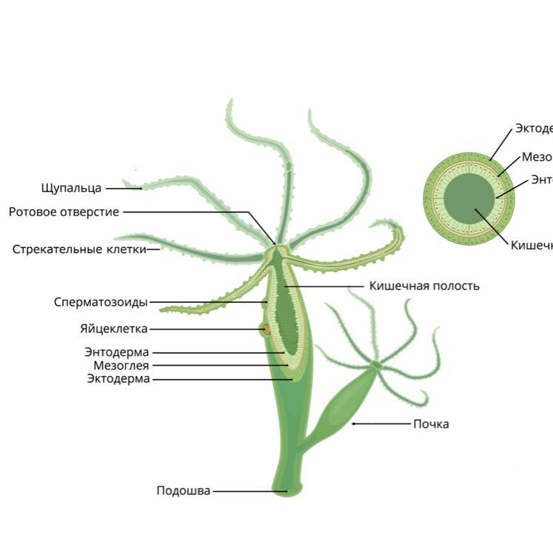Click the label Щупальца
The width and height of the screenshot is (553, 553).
[x=71, y=188]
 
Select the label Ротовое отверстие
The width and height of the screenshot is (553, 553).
[x=64, y=212]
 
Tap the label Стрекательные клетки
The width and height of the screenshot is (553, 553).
[x=78, y=249]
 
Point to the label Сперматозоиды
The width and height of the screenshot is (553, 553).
[x=101, y=302]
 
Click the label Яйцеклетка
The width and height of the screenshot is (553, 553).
[x=114, y=329]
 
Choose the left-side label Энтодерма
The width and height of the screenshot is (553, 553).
[x=117, y=352]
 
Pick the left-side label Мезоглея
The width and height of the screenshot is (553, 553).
[x=121, y=366]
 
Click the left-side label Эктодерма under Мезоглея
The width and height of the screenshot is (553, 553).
[x=118, y=379]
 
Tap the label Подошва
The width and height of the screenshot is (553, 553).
[x=183, y=491]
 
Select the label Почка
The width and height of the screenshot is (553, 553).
[x=431, y=424]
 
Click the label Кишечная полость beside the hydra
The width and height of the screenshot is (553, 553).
[x=424, y=286]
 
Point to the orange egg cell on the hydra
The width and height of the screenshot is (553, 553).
[x=264, y=329]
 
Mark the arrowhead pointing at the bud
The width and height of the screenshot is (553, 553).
[x=354, y=423]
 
